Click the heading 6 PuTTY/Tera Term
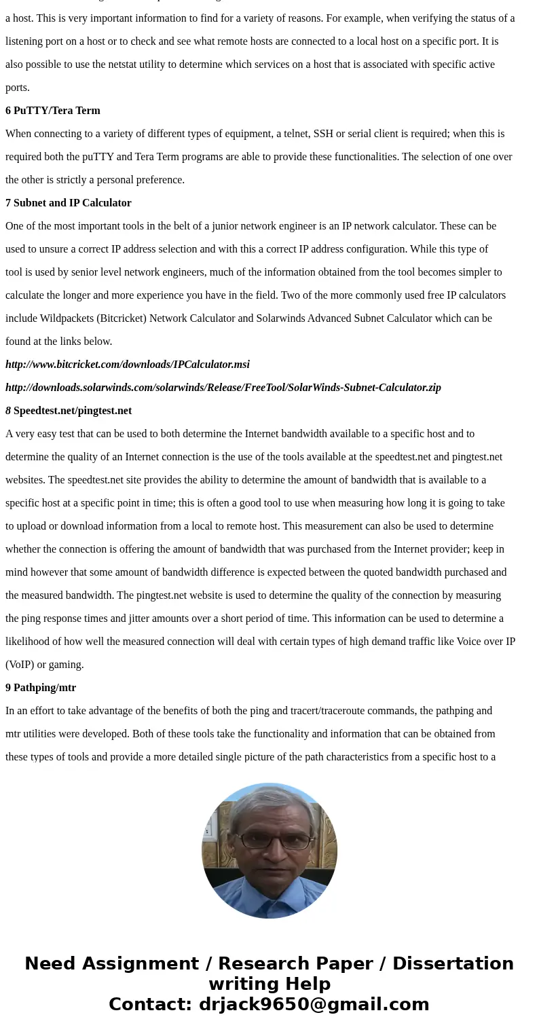click(53, 111)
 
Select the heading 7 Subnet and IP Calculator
click(69, 203)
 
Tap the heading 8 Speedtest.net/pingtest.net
click(69, 411)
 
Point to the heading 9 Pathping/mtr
click(41, 688)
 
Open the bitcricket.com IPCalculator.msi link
click(128, 365)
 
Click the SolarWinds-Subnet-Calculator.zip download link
click(223, 388)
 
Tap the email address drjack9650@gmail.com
click(314, 1004)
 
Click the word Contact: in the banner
click(151, 1004)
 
